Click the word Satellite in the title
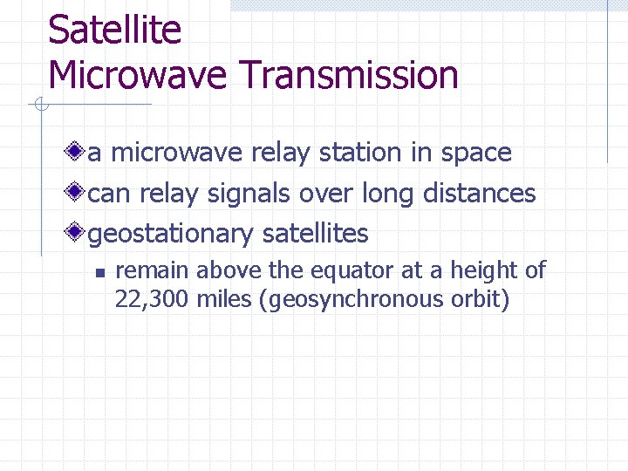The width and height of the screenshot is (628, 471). pyautogui.click(x=114, y=31)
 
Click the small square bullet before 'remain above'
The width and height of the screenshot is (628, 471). pyautogui.click(x=100, y=273)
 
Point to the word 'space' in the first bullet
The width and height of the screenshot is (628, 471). pyautogui.click(x=475, y=153)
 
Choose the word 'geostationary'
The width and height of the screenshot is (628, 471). pyautogui.click(x=171, y=234)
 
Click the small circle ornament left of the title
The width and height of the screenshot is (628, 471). pyautogui.click(x=39, y=106)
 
